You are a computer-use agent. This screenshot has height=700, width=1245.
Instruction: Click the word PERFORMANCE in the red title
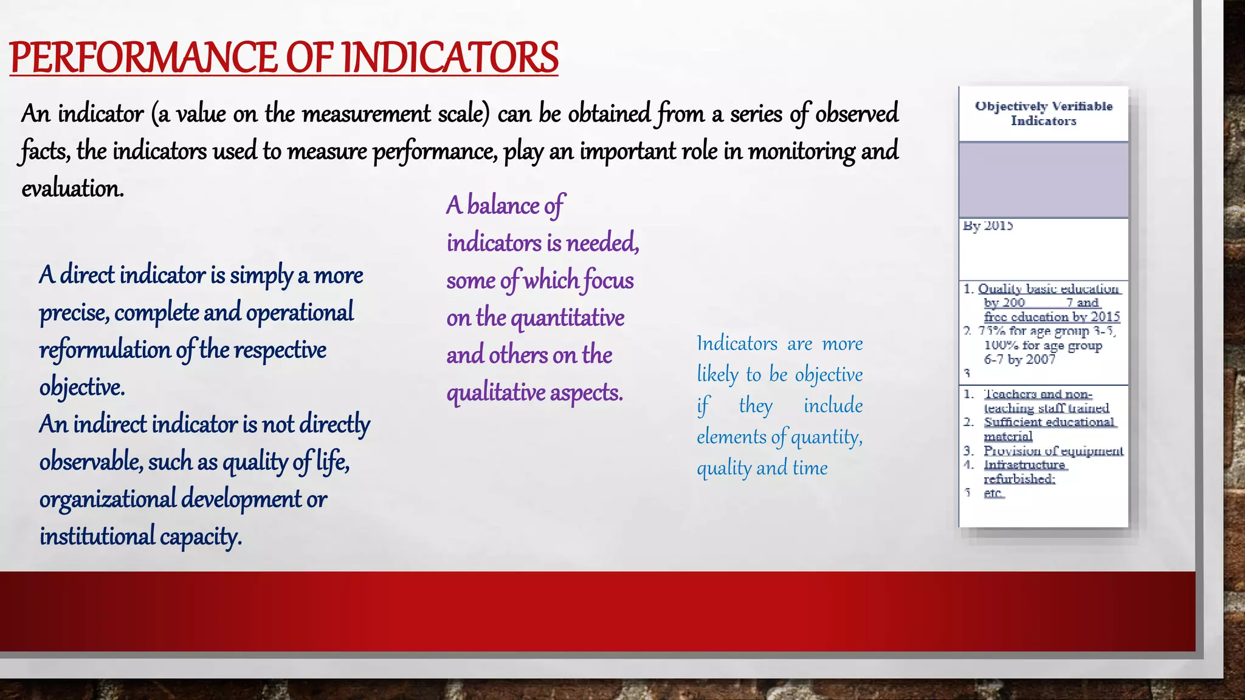click(x=143, y=58)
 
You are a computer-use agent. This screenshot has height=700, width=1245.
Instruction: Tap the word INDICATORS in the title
click(x=450, y=58)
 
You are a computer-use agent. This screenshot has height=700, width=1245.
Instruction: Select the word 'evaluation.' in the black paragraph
click(x=72, y=188)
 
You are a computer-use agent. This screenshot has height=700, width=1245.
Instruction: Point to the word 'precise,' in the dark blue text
click(x=74, y=313)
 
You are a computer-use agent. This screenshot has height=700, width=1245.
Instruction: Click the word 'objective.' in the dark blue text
click(x=82, y=387)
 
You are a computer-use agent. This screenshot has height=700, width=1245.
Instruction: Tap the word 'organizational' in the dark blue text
click(x=107, y=499)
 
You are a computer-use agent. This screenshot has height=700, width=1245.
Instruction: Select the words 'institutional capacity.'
click(x=140, y=537)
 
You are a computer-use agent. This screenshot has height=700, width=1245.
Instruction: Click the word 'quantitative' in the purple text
click(x=567, y=318)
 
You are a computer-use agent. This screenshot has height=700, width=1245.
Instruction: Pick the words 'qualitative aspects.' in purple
click(x=534, y=393)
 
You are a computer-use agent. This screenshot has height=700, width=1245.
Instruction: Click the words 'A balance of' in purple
click(x=505, y=205)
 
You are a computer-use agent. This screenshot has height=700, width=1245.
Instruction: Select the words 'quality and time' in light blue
click(x=762, y=468)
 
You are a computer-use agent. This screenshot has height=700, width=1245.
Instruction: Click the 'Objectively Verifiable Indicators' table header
click(x=1043, y=114)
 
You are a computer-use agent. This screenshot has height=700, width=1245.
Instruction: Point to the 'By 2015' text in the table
click(x=988, y=226)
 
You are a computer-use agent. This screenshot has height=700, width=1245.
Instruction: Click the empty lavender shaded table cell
click(x=1043, y=180)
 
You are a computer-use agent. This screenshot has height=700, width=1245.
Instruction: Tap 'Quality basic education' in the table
click(x=1048, y=289)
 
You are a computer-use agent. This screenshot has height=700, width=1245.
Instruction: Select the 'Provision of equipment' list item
click(x=1053, y=451)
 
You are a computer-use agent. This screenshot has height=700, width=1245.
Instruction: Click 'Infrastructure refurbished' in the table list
click(x=1025, y=472)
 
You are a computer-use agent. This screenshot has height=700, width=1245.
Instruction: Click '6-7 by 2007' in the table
click(x=1019, y=360)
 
